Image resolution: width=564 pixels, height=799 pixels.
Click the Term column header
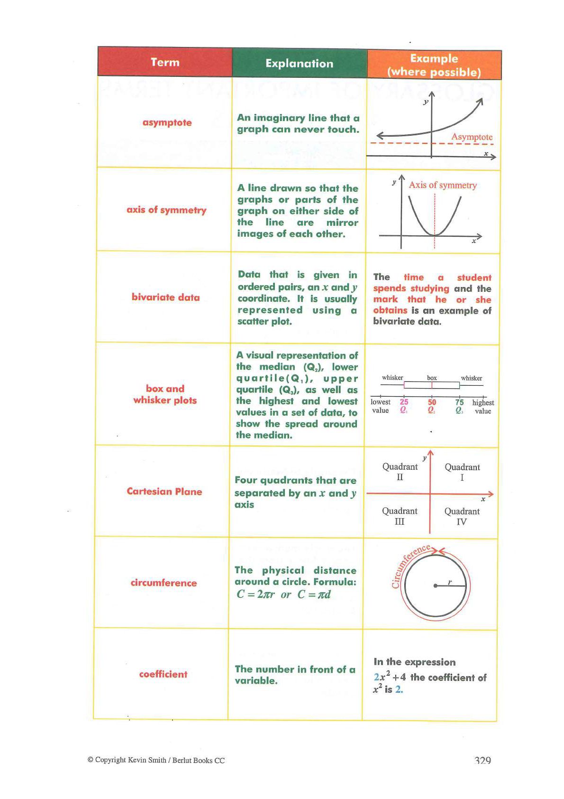165,62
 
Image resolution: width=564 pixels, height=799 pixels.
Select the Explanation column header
299,64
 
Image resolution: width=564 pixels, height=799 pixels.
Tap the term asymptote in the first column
167,122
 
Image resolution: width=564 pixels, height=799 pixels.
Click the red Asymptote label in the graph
472,137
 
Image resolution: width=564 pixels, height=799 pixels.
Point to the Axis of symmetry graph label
443,185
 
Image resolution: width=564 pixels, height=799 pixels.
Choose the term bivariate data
165,297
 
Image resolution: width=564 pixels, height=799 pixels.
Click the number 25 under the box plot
404,402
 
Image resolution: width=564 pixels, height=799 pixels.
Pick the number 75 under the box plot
459,402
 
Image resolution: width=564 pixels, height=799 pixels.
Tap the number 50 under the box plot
432,402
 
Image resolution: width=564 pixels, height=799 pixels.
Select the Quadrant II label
400,472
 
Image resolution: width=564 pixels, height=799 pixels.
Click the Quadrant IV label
462,516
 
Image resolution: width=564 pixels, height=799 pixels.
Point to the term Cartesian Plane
164,492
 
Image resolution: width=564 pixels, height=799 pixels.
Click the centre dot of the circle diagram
436,586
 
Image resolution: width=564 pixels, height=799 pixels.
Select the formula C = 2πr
255,595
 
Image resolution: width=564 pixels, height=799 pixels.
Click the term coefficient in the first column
163,674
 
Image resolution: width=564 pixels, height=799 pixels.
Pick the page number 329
482,760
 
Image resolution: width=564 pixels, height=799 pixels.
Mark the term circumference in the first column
164,583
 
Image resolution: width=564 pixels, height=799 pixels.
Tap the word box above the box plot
432,378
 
